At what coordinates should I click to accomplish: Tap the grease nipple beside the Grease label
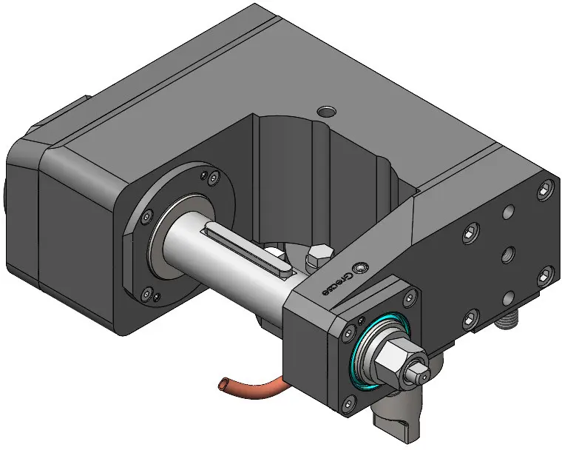point(360,268)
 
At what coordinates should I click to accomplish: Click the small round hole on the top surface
point(326,112)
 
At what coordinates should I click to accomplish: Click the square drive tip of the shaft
point(419,372)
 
